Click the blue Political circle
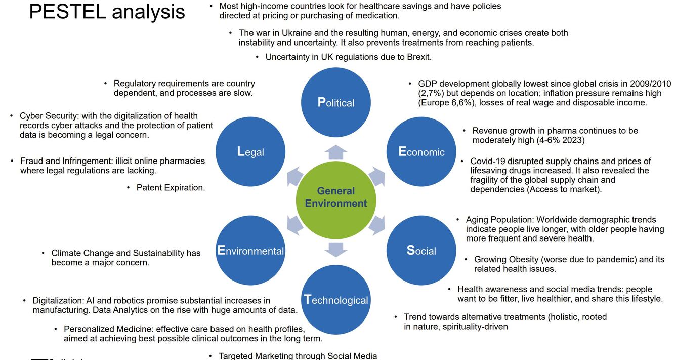[336, 102]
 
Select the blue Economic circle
[421, 151]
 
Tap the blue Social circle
[421, 250]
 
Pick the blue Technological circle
[336, 300]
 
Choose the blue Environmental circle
[250, 250]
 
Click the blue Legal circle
[250, 151]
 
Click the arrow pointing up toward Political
[336, 151]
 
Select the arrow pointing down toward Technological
[336, 249]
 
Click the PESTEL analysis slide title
[107, 12]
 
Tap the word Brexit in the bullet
[419, 57]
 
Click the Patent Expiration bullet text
[171, 188]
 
